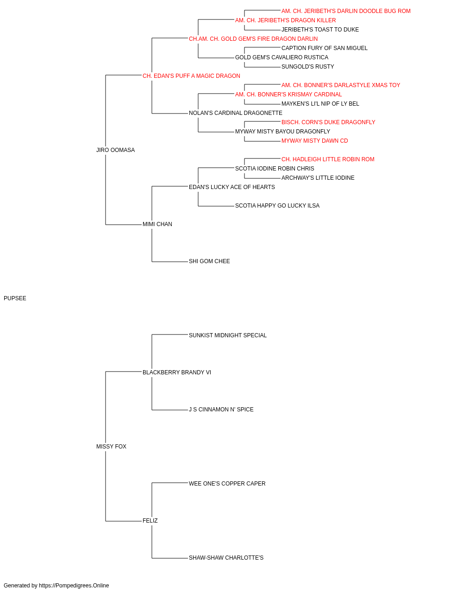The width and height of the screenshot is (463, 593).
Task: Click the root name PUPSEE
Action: [15, 298]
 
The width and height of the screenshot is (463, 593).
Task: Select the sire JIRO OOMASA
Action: [115, 150]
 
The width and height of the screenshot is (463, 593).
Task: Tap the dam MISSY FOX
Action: [111, 447]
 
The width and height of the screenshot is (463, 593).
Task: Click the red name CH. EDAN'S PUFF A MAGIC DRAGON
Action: [191, 76]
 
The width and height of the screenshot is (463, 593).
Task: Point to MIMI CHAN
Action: [157, 224]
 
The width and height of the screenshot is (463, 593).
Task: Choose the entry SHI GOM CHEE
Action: [209, 261]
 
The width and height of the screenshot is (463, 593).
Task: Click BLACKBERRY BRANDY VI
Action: [177, 372]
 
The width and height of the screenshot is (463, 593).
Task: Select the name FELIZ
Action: [150, 521]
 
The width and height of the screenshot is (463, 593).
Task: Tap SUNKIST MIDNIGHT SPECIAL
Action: [228, 335]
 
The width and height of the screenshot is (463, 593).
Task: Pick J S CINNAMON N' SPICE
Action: [221, 410]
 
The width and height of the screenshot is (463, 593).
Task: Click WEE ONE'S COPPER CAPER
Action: [227, 484]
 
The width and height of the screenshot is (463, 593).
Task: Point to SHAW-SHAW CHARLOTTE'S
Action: [226, 558]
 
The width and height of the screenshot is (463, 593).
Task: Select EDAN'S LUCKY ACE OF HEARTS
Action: [232, 187]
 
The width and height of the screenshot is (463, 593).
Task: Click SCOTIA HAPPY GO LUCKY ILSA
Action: [277, 206]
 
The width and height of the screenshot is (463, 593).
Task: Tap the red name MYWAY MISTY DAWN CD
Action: [315, 141]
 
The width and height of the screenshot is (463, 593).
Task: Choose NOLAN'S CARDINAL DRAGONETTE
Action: [236, 113]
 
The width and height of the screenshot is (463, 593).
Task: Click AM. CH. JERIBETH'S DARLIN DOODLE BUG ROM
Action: [346, 11]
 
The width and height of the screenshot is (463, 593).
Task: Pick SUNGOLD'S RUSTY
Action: [307, 67]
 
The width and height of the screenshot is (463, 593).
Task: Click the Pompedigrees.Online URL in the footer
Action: [74, 586]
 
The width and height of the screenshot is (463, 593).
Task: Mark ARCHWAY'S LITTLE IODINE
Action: [318, 178]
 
